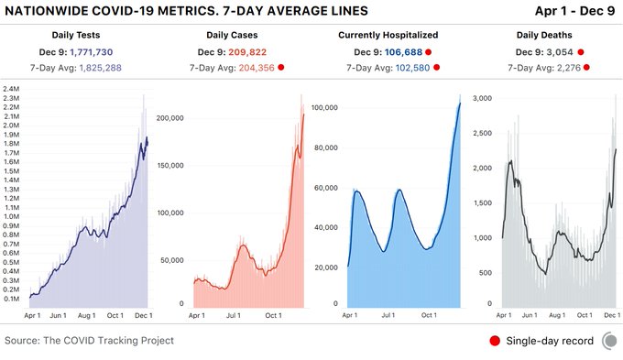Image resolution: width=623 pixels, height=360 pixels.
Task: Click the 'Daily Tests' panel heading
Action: coord(89,33)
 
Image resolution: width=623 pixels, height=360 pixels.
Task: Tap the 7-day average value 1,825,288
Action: coord(113,68)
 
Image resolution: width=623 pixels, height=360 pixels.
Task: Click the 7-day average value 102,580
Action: coord(413,68)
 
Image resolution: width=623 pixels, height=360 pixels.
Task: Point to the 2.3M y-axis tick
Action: coord(14,89)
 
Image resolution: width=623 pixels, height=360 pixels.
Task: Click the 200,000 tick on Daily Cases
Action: coord(173,118)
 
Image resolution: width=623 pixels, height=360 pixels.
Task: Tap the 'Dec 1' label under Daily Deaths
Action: coord(609,315)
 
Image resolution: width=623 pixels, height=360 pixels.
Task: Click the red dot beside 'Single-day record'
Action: coord(496,341)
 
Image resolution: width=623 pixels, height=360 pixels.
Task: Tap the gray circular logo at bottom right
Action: coord(608,341)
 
